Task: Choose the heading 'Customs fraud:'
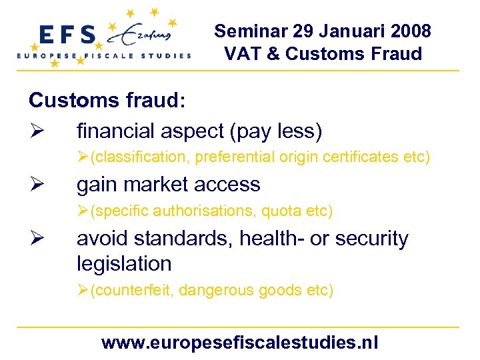pos(107,101)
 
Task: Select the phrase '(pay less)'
pos(275,131)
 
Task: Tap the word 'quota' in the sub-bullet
pos(284,211)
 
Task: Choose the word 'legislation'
pos(124,263)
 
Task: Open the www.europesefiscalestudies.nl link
pos(239,343)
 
